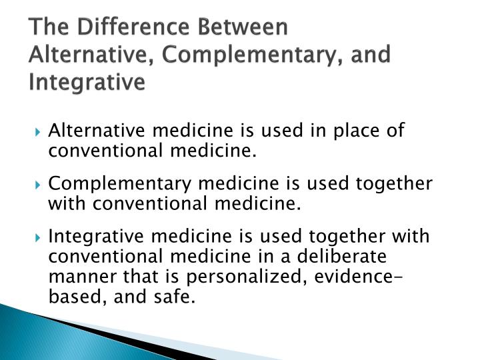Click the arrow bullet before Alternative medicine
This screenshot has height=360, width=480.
39,130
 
